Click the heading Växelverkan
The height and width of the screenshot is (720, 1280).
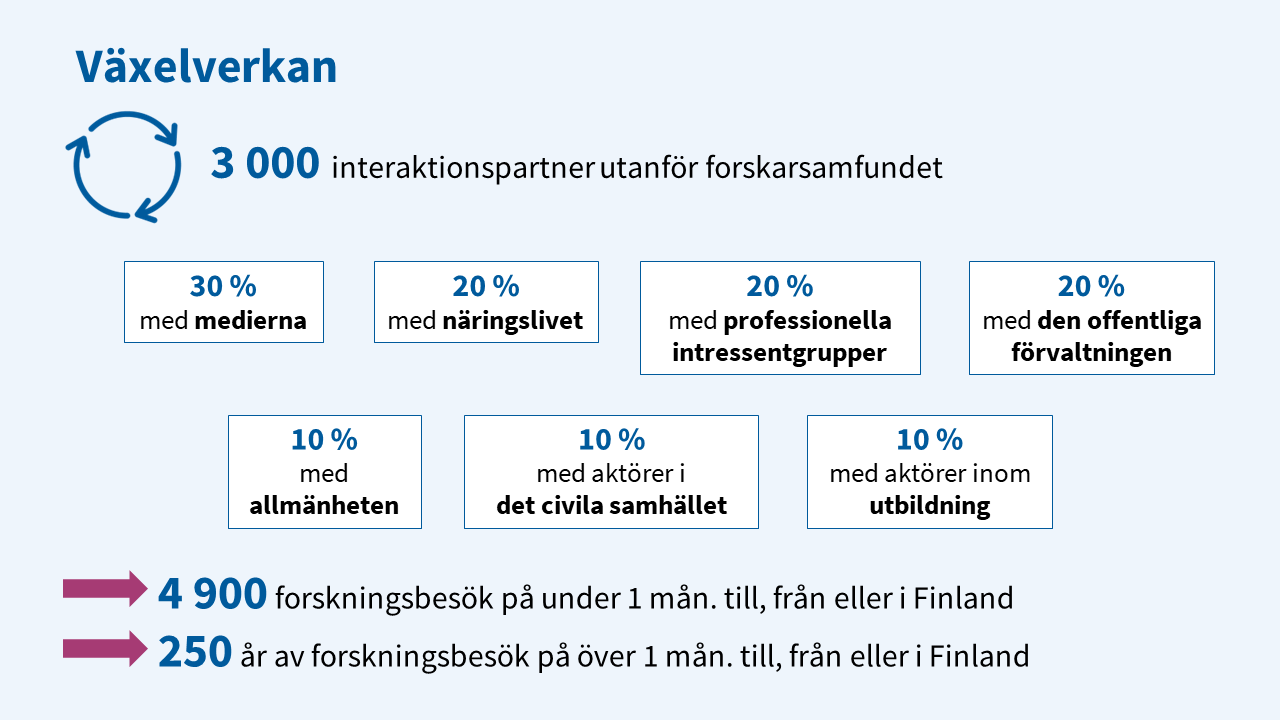tap(206, 66)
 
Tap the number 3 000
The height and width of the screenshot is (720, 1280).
tap(265, 163)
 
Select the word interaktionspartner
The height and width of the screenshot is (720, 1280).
tap(463, 168)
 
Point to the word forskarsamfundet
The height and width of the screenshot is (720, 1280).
tap(824, 167)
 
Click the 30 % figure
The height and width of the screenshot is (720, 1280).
tap(223, 286)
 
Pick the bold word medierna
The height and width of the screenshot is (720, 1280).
tap(250, 321)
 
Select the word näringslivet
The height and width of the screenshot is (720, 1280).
tap(513, 321)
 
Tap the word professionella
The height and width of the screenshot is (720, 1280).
tap(807, 321)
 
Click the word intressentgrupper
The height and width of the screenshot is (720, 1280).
tap(779, 353)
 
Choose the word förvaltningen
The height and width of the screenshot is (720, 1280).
tap(1091, 353)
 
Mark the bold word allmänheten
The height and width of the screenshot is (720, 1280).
tap(324, 506)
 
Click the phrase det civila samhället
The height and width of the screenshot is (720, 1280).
tap(611, 506)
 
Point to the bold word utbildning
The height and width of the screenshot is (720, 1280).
tap(930, 506)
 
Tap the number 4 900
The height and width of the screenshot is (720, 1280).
tap(212, 594)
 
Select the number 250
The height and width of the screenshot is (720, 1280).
tap(195, 652)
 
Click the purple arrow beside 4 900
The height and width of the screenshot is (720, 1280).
tap(105, 589)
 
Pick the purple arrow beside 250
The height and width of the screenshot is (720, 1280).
tap(105, 649)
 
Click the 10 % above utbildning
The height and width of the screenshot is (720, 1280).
tap(930, 440)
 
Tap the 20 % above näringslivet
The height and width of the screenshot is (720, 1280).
tap(486, 286)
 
